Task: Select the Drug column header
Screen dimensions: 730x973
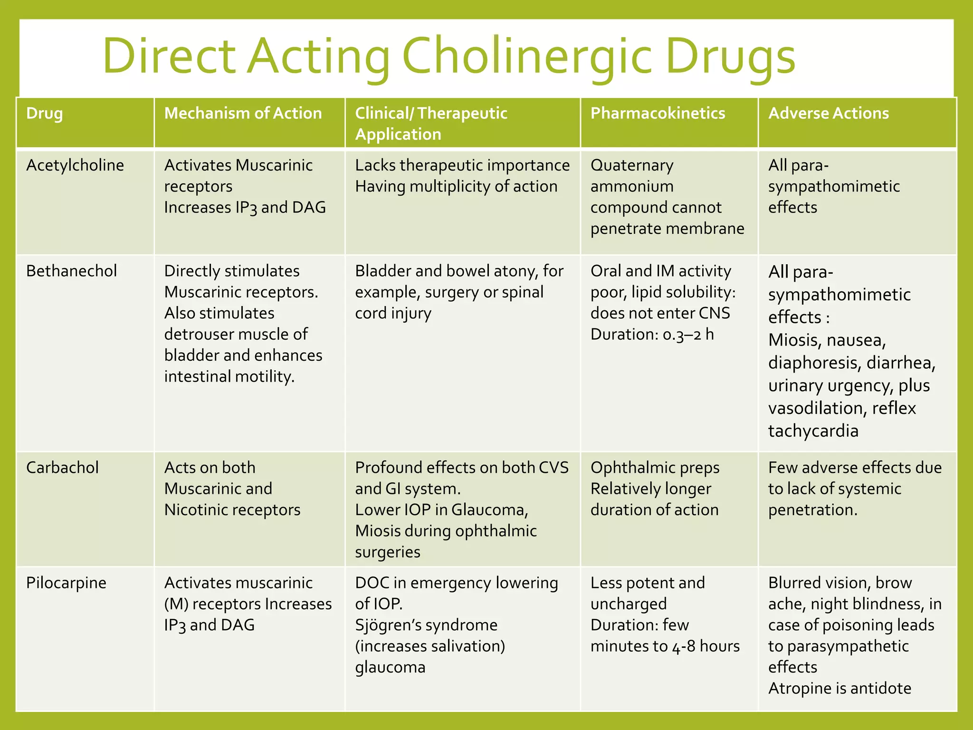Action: pos(44,114)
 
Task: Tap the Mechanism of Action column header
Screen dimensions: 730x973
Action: pos(243,114)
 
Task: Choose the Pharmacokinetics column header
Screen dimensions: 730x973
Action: pos(658,114)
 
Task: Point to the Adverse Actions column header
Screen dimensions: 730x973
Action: pos(828,114)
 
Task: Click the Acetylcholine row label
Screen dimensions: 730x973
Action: pos(75,165)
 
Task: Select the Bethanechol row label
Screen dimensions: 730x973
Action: pos(71,271)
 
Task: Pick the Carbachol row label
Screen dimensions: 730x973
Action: pos(62,468)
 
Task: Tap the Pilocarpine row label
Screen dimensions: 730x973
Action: pos(66,583)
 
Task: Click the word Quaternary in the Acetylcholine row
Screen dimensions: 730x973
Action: pos(631,165)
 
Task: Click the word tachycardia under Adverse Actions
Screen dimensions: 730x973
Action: pos(813,431)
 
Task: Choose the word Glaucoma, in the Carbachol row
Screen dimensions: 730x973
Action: pos(489,510)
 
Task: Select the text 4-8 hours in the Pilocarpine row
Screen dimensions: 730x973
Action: pos(706,647)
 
